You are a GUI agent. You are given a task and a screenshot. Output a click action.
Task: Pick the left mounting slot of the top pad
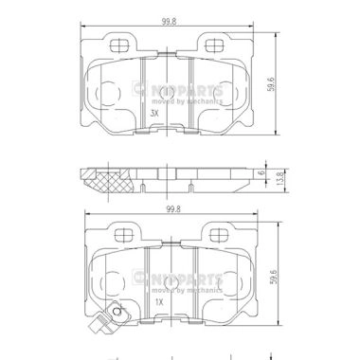pos(121,45)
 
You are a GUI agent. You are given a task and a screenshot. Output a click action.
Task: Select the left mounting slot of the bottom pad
pos(121,233)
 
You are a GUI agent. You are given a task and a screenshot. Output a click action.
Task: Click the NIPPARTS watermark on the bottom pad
pos(186,279)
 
